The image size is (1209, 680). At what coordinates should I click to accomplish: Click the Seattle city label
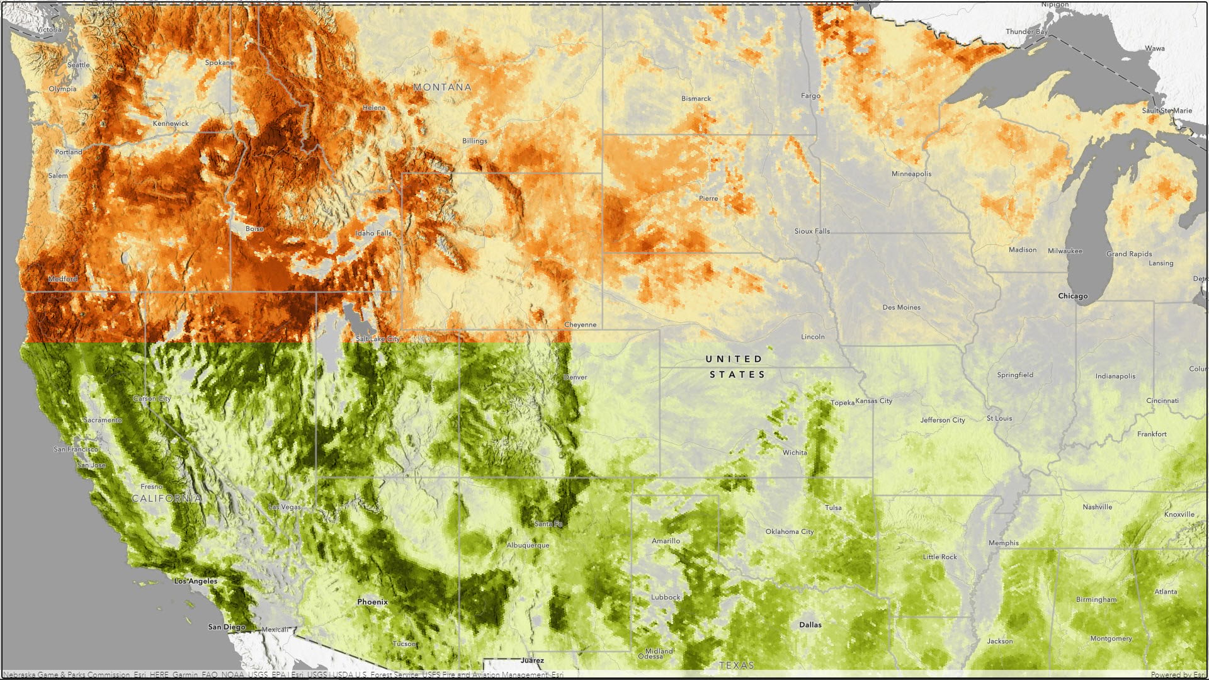click(x=79, y=65)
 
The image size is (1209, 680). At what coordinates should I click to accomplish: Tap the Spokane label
click(x=219, y=62)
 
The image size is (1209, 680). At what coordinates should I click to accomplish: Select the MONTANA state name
click(x=442, y=88)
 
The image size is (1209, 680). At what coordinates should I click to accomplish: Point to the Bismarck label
click(x=696, y=99)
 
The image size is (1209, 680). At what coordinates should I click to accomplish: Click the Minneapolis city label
click(x=911, y=174)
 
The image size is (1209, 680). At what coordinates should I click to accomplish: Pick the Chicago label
click(x=1072, y=296)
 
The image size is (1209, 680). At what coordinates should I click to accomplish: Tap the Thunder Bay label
click(x=1026, y=31)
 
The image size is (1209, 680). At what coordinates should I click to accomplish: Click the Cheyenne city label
click(x=580, y=325)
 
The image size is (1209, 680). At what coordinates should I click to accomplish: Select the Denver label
click(x=575, y=377)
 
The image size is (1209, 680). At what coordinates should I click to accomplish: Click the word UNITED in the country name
click(x=734, y=359)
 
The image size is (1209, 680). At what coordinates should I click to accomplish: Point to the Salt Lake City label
click(x=377, y=339)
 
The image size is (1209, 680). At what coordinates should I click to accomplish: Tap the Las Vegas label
click(x=285, y=507)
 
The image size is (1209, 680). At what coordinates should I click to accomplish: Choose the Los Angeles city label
click(x=195, y=581)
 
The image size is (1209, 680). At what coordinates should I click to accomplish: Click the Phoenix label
click(x=372, y=602)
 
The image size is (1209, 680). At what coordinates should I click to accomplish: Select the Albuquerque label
click(x=528, y=545)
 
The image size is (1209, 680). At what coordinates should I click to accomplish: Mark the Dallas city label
click(x=810, y=625)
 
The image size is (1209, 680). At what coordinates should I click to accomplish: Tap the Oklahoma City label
click(x=789, y=531)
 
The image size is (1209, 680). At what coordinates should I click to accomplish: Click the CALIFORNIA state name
click(x=166, y=498)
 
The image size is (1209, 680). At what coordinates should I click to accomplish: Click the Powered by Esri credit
click(x=1178, y=674)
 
